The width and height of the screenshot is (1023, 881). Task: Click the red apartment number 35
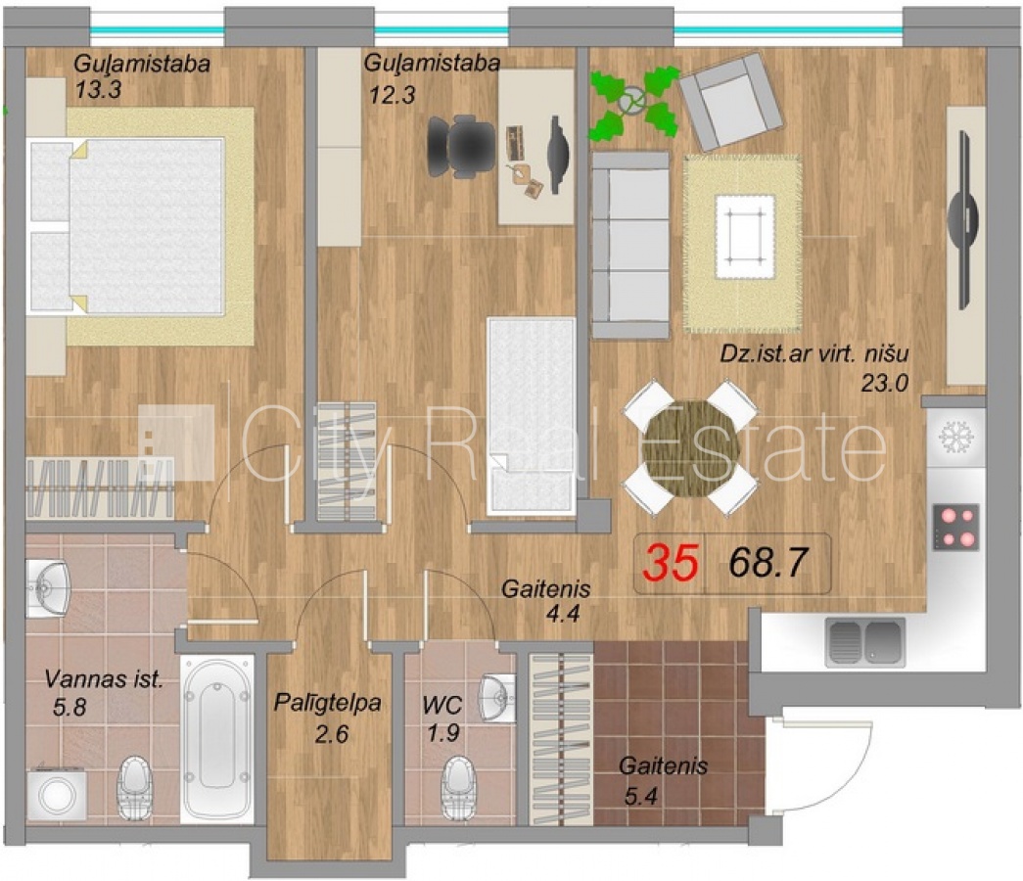click(672, 563)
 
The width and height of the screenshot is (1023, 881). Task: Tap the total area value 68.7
click(768, 563)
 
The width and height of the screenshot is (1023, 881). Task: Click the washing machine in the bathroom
click(58, 794)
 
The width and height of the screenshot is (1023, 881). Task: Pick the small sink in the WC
click(498, 697)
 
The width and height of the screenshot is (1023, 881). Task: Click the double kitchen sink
click(865, 642)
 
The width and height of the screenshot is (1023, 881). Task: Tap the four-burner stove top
click(955, 528)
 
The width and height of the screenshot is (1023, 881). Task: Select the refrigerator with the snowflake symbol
click(955, 436)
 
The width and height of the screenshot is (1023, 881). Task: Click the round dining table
click(691, 449)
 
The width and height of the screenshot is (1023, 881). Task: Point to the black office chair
click(461, 146)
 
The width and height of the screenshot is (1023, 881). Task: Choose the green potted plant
click(633, 103)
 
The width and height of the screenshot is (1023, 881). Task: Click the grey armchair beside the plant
click(730, 101)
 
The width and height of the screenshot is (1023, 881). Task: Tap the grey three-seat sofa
click(630, 246)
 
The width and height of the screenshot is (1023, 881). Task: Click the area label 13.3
click(98, 89)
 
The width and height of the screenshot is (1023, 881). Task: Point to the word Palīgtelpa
click(328, 703)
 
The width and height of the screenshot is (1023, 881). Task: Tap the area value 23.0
click(885, 383)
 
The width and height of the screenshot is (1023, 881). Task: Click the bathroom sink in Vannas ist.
click(48, 587)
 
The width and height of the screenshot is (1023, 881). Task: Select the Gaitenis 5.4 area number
click(640, 796)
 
